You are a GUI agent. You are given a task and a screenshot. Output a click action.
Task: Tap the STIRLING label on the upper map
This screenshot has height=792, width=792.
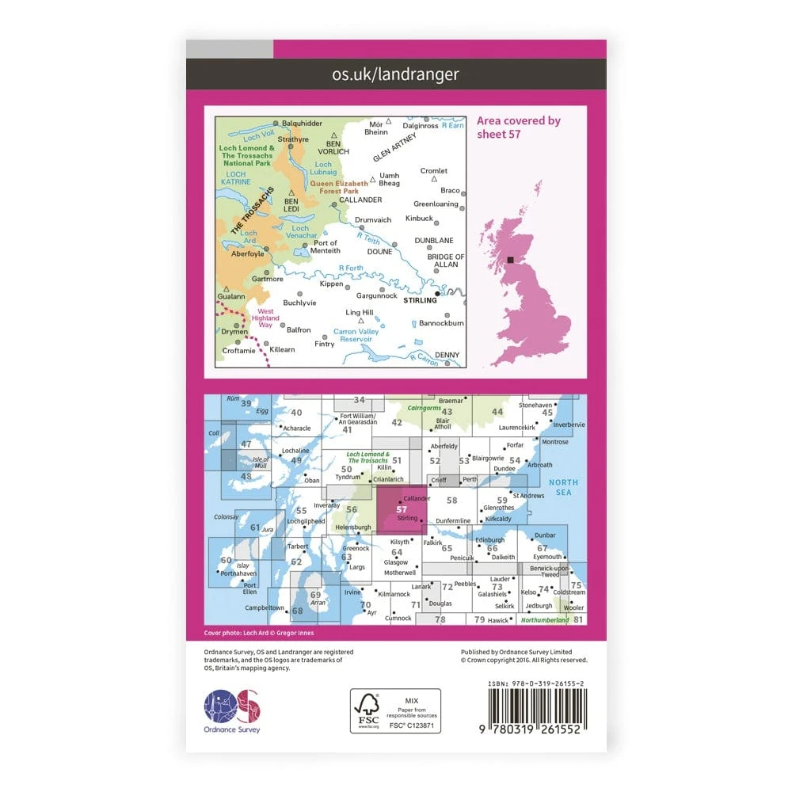[420, 300]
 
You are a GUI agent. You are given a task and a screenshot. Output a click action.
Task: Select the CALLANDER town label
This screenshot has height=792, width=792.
[355, 200]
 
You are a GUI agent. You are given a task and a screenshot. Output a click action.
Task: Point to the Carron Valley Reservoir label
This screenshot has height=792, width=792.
[356, 335]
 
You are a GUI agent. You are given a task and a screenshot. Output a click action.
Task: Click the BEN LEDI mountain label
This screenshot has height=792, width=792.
[295, 205]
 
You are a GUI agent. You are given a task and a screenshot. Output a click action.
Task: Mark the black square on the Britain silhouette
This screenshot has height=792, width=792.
[511, 259]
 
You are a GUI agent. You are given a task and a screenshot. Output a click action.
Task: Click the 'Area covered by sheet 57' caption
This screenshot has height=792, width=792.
[518, 127]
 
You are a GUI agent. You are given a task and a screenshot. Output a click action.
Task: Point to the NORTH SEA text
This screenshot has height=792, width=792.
[564, 487]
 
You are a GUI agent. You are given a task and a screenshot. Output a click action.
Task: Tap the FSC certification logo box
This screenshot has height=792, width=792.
[395, 711]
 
